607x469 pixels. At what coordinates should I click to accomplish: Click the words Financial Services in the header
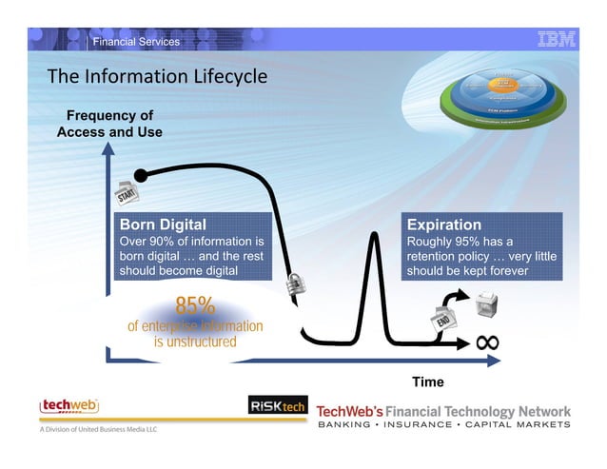136,41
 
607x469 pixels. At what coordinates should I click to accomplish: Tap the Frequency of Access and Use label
109,124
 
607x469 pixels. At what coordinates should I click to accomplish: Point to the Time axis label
427,381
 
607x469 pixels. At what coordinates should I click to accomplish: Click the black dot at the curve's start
141,175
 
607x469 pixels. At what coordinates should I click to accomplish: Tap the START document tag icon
127,193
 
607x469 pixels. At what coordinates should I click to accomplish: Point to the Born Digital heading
161,225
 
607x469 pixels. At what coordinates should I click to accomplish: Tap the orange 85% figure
195,306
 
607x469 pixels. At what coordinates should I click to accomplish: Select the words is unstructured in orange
195,342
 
